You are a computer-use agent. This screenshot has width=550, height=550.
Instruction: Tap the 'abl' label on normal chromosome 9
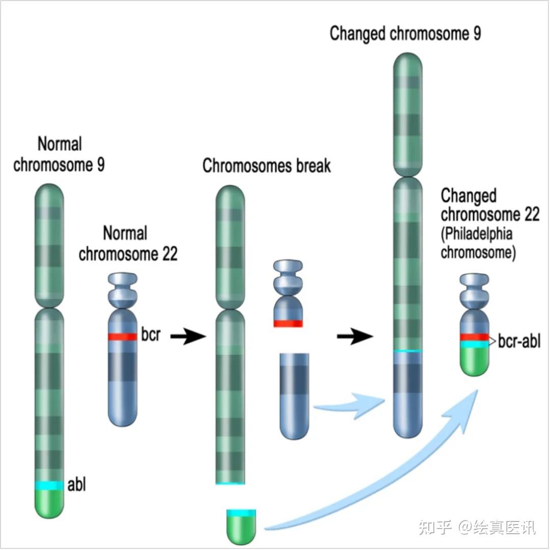tap(76, 484)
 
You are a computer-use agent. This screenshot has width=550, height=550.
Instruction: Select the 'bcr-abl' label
tap(519, 342)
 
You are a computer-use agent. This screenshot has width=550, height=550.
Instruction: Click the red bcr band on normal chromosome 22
tap(122, 337)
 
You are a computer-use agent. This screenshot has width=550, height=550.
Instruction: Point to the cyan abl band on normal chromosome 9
tap(49, 486)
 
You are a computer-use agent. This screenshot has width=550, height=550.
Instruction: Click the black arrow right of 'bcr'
tap(187, 336)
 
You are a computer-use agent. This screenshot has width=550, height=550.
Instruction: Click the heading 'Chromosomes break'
tap(266, 166)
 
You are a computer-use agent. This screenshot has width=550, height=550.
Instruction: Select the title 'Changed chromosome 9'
tap(405, 34)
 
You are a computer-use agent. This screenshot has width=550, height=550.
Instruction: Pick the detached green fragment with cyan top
tap(241, 525)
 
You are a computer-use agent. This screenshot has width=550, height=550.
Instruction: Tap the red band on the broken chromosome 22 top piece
tap(288, 323)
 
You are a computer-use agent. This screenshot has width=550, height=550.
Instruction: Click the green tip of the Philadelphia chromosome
tap(475, 363)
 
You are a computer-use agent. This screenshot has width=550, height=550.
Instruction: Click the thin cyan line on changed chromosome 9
tap(408, 351)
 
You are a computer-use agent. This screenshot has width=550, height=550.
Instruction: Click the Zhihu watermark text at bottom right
tap(477, 527)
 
